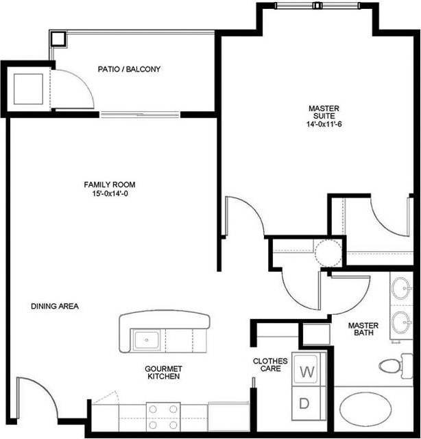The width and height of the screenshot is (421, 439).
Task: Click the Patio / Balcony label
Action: (x=129, y=69)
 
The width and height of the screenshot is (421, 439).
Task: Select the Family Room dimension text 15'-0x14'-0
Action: (x=110, y=194)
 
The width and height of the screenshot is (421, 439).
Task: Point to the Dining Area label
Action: (x=55, y=307)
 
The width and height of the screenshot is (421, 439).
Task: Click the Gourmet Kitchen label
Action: (x=163, y=372)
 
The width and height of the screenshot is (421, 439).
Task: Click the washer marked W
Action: (x=307, y=372)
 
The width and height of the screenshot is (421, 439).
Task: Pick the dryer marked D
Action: (x=305, y=403)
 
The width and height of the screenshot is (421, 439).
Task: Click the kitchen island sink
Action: (x=146, y=339)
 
